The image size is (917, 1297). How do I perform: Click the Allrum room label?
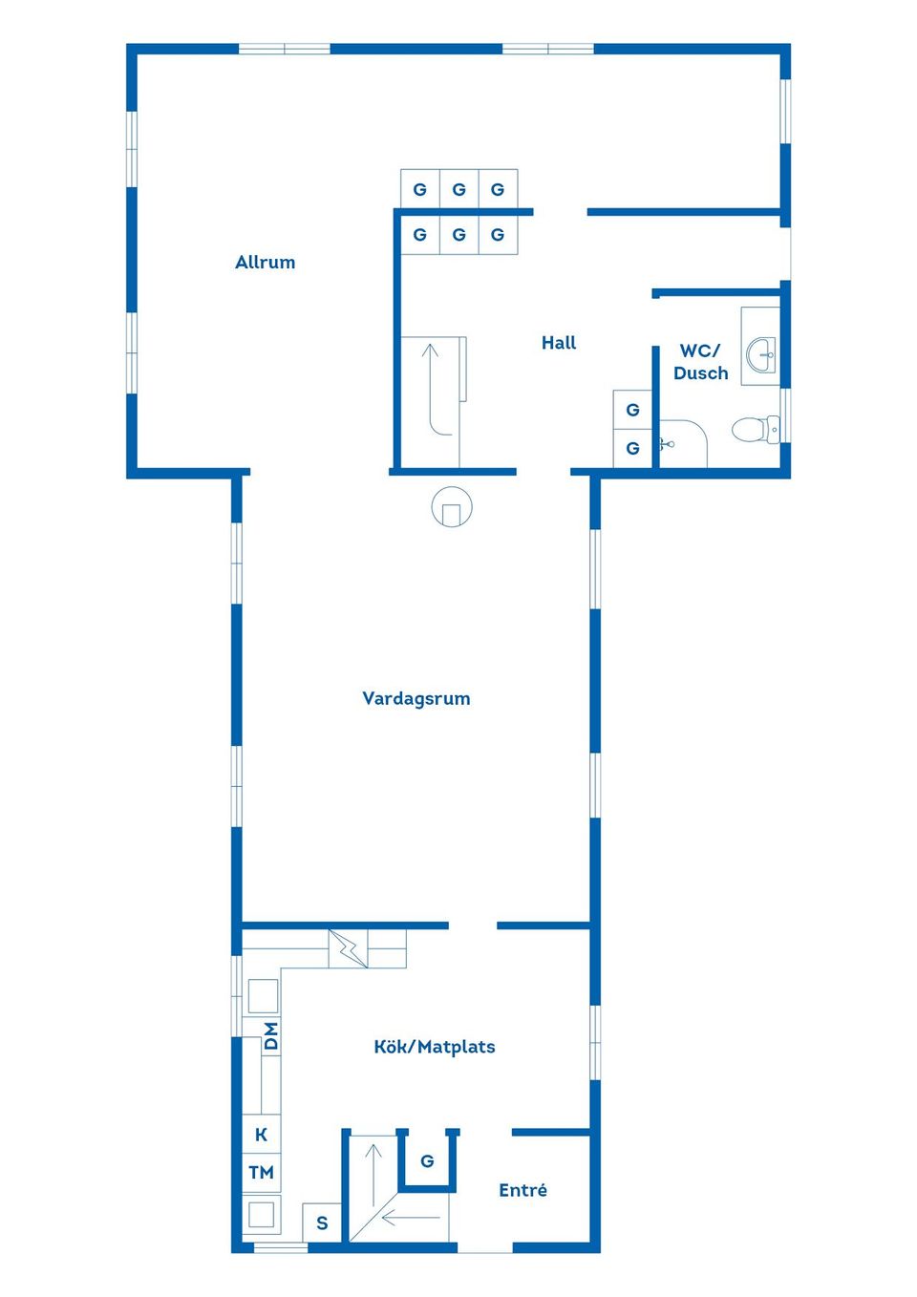pyautogui.click(x=266, y=263)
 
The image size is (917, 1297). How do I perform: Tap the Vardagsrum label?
pyautogui.click(x=416, y=698)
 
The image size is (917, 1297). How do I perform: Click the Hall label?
pyautogui.click(x=559, y=343)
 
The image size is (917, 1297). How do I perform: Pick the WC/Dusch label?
pyautogui.click(x=700, y=362)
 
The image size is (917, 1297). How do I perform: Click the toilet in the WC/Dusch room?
pyautogui.click(x=757, y=429)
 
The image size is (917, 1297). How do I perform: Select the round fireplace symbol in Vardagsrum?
pyautogui.click(x=452, y=506)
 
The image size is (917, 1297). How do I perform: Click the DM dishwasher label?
pyautogui.click(x=270, y=1036)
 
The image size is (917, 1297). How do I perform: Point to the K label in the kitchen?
pyautogui.click(x=261, y=1135)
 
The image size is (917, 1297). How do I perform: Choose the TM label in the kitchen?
pyautogui.click(x=261, y=1173)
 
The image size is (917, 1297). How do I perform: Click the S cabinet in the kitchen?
pyautogui.click(x=322, y=1223)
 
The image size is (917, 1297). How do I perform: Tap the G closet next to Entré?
pyautogui.click(x=427, y=1160)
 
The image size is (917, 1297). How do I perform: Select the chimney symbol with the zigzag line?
pyautogui.click(x=349, y=948)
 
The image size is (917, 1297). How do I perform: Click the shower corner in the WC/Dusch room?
pyautogui.click(x=683, y=443)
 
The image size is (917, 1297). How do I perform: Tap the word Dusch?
pyautogui.click(x=700, y=372)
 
